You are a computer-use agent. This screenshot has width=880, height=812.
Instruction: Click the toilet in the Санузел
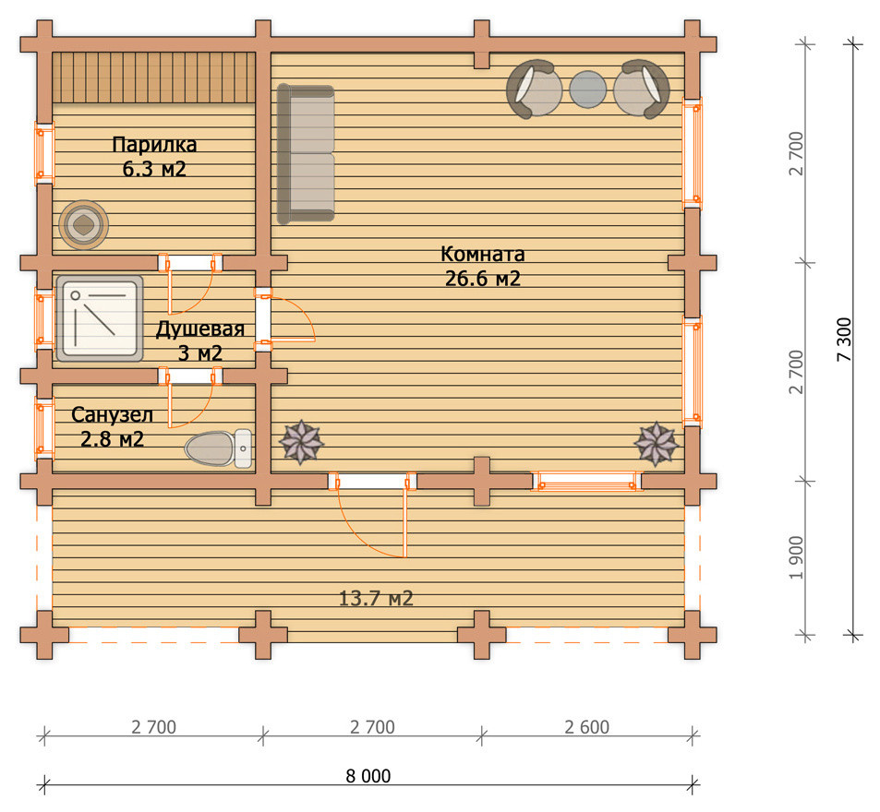pyautogui.click(x=218, y=448)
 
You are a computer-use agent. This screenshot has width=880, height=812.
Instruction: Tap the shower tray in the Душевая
pyautogui.click(x=100, y=318)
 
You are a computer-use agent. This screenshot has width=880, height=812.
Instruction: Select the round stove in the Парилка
pyautogui.click(x=84, y=225)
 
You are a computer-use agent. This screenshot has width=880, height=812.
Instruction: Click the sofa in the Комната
pyautogui.click(x=306, y=154)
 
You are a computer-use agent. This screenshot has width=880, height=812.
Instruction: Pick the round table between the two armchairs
pyautogui.click(x=588, y=90)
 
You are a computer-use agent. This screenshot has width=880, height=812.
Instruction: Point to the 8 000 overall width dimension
pyautogui.click(x=368, y=776)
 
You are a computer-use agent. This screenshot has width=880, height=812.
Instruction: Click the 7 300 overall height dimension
pyautogui.click(x=845, y=340)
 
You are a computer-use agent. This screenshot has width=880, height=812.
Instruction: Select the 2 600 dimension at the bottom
pyautogui.click(x=587, y=727)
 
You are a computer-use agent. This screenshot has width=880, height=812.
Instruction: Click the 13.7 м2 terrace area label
pyautogui.click(x=376, y=598)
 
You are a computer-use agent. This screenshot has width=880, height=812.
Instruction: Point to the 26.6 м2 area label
pyautogui.click(x=483, y=279)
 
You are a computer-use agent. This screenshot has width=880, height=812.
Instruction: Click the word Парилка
pyautogui.click(x=154, y=145)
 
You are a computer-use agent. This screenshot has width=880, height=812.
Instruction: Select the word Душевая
pyautogui.click(x=199, y=329)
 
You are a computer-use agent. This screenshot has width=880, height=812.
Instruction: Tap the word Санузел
pyautogui.click(x=113, y=415)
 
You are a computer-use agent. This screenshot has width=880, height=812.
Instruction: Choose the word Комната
pyautogui.click(x=483, y=254)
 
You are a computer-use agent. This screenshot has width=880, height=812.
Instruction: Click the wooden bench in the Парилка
pyautogui.click(x=154, y=78)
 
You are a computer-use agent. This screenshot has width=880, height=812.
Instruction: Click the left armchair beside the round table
pyautogui.click(x=534, y=89)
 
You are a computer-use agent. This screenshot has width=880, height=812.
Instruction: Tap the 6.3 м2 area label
pyautogui.click(x=154, y=169)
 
